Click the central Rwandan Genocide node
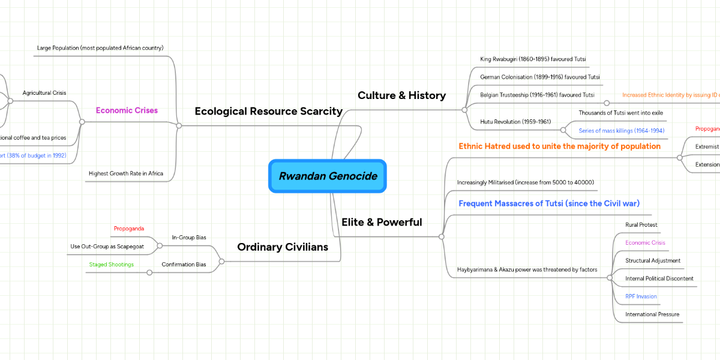coord(328,176)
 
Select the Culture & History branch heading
coord(401,95)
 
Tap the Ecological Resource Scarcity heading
coord(268,111)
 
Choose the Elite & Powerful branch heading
coord(382,222)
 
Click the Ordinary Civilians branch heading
coord(283,247)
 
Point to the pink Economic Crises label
coord(127,110)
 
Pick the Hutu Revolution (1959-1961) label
coord(515,122)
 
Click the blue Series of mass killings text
coord(622,130)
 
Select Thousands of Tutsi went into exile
coord(620,113)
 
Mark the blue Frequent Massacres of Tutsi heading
coord(549,203)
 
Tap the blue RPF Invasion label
coord(641,296)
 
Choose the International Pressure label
coord(652,314)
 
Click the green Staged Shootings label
coord(112,265)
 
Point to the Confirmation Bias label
coord(184,265)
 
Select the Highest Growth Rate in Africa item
coord(126,174)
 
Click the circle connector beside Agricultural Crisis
coord(10,101)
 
